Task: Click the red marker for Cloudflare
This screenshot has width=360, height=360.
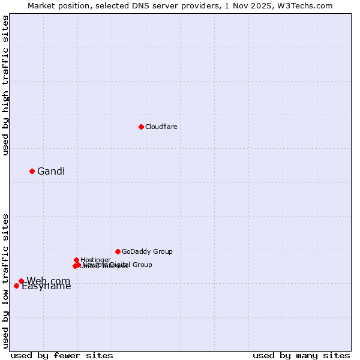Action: coord(141,127)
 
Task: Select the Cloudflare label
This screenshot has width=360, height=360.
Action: coord(161,127)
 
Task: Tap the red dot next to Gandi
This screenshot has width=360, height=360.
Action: coord(32,171)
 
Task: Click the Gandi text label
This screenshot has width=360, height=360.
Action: coord(51,172)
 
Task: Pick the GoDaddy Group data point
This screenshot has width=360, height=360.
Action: coord(118,251)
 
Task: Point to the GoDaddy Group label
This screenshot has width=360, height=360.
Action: coord(147,251)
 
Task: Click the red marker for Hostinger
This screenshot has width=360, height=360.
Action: coord(76,260)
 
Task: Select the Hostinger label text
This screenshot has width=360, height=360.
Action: coord(95,260)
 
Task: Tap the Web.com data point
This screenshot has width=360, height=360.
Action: coord(21,281)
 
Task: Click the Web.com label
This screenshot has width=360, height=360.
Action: coord(49,281)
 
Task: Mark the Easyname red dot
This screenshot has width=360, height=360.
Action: coord(16,286)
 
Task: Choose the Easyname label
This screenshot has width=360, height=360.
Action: coord(46,286)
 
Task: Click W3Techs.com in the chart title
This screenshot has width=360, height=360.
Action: coord(309,5)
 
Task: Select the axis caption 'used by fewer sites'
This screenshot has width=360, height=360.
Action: coord(62,355)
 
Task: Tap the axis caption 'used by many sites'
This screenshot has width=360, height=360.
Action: coord(301,355)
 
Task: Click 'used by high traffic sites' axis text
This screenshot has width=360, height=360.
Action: coord(5,85)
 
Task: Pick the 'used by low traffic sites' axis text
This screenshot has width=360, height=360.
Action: coord(5,280)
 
